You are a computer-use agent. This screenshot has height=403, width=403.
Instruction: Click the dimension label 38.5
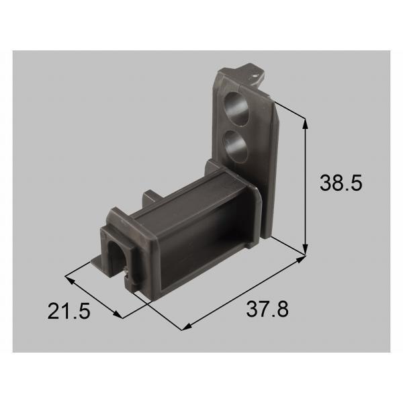click(x=340, y=183)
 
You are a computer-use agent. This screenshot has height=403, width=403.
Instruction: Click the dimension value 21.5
click(x=70, y=311)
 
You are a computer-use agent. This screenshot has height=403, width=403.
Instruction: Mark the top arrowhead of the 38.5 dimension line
click(x=306, y=122)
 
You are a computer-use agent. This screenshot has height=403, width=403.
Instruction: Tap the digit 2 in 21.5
click(x=54, y=311)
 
